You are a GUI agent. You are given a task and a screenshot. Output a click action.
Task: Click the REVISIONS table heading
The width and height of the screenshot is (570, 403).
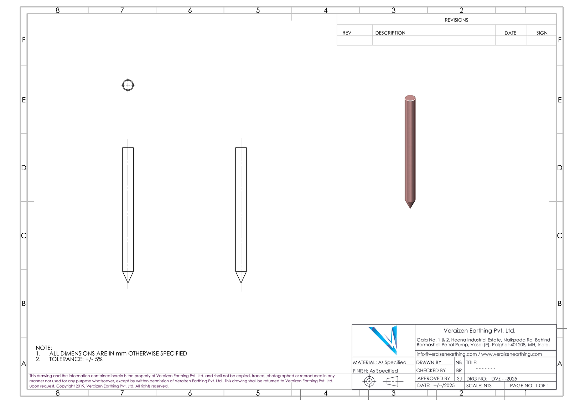click(456, 20)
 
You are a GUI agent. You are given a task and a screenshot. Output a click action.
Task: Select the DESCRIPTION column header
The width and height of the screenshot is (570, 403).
click(390, 33)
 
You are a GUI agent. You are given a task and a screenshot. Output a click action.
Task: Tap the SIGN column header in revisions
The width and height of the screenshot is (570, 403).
click(542, 33)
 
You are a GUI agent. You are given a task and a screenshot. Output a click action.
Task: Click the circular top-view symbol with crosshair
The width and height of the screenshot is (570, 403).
click(128, 85)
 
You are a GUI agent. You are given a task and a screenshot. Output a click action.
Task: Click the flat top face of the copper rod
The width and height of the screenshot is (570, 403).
click(410, 98)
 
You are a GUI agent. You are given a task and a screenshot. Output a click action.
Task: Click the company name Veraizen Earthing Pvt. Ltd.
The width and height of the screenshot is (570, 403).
click(480, 331)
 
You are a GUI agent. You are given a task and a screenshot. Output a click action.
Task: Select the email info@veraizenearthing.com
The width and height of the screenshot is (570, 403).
click(447, 354)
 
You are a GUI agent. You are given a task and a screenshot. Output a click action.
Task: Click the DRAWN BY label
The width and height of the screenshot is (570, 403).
click(429, 362)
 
